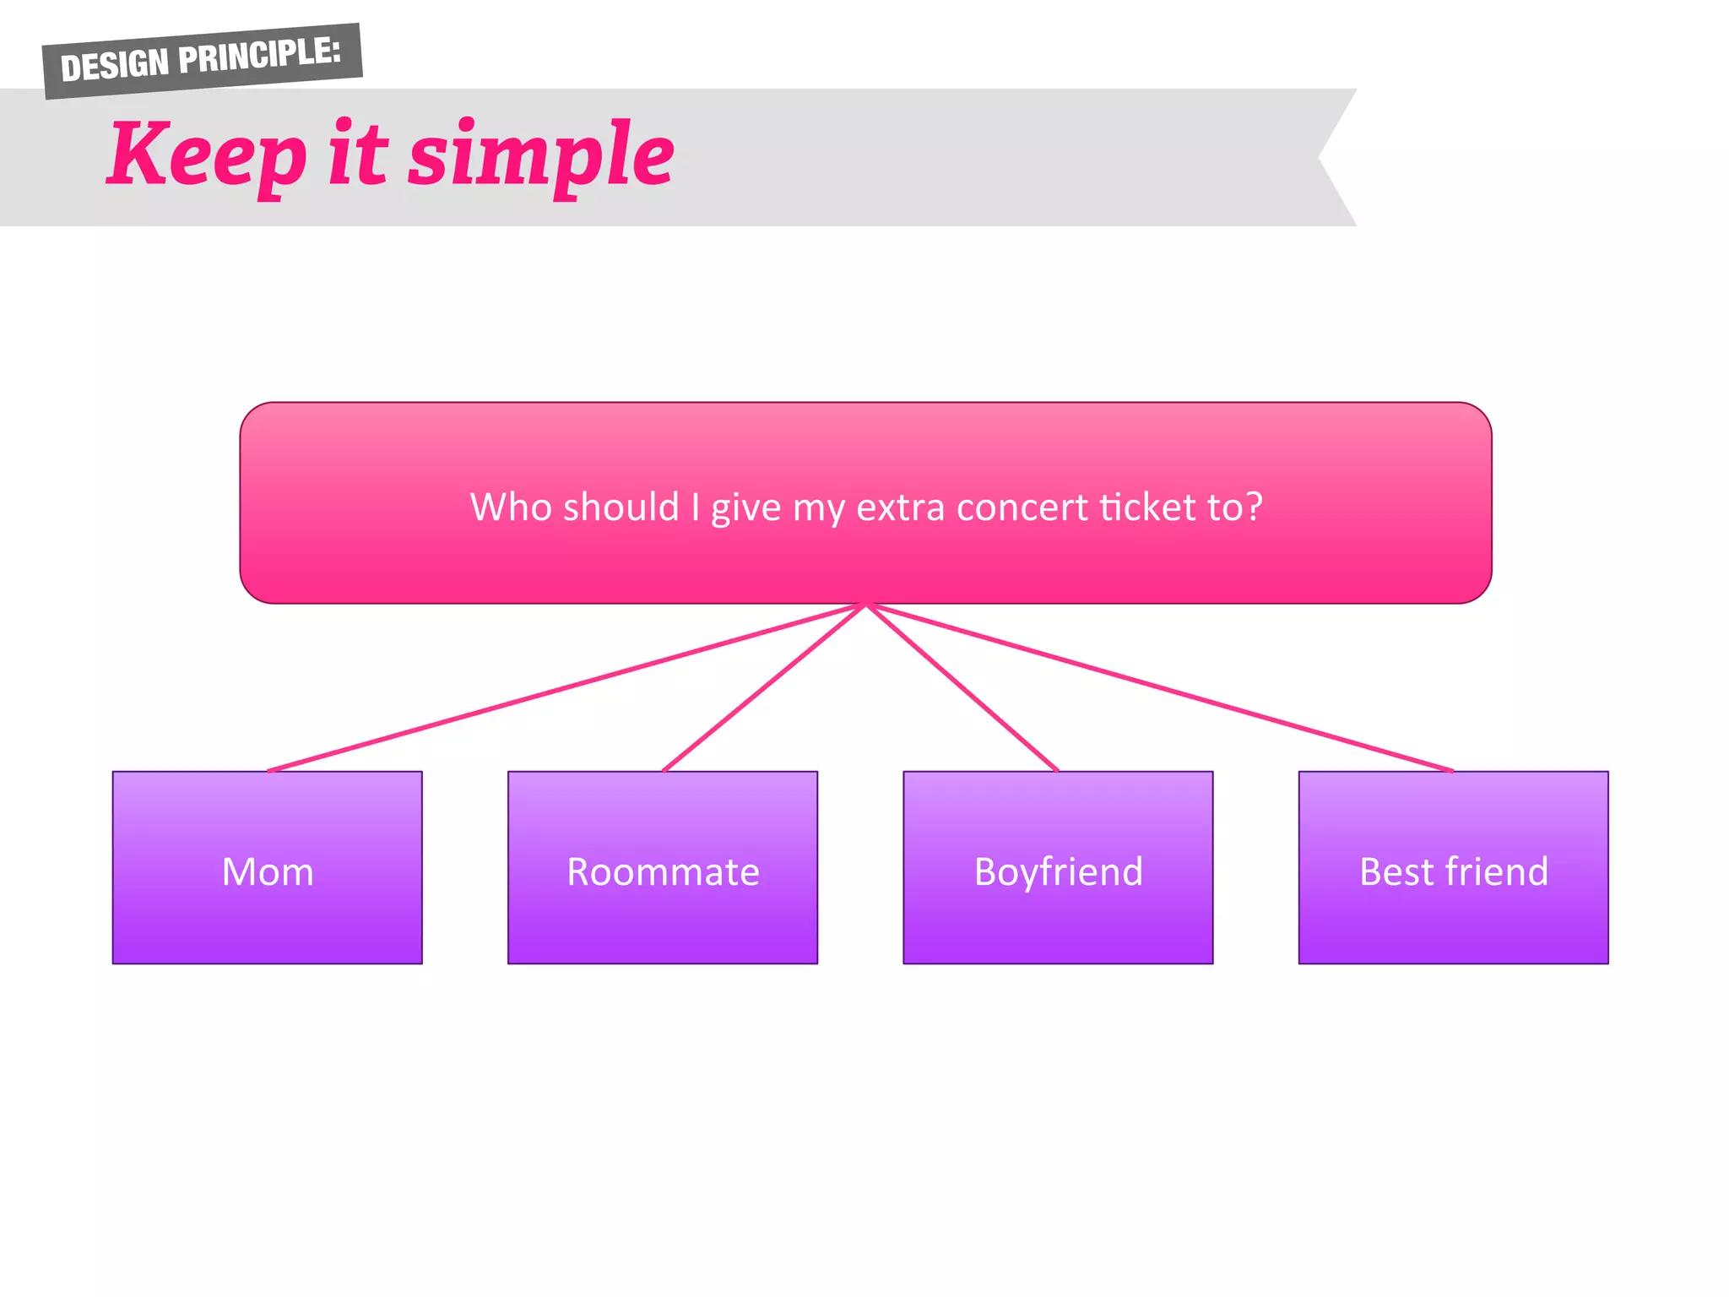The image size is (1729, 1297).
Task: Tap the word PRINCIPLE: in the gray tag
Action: (x=260, y=56)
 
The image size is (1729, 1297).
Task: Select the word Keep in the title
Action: (x=207, y=155)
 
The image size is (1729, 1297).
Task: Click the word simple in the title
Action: (x=541, y=155)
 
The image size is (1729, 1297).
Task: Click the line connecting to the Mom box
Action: (x=566, y=687)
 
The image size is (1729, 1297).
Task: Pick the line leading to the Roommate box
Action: (x=764, y=687)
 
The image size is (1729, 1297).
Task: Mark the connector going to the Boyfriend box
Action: (x=962, y=687)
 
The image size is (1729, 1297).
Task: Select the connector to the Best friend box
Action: (x=1160, y=687)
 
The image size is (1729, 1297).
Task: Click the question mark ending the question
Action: (x=1254, y=507)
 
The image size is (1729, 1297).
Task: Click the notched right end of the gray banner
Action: (x=1330, y=157)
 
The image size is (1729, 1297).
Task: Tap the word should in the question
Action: (x=621, y=507)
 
